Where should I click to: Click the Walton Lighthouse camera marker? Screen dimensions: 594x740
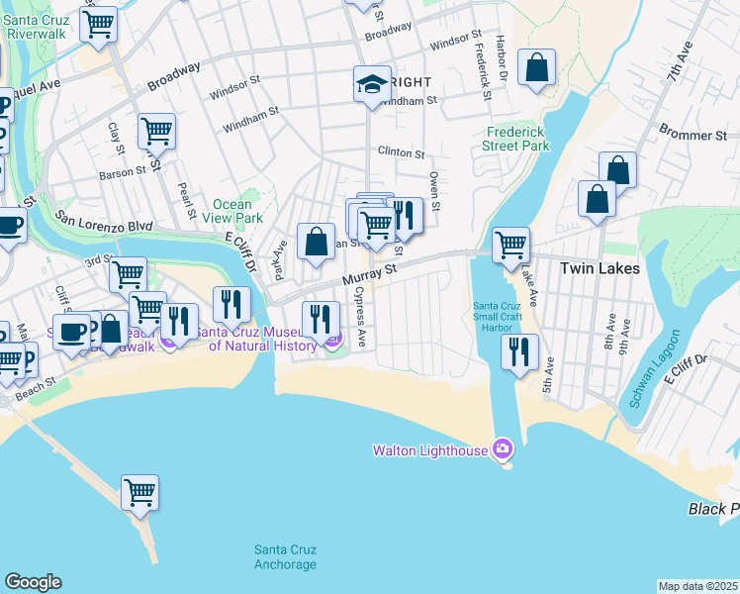coord(503,450)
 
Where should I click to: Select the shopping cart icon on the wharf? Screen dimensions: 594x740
coord(140,491)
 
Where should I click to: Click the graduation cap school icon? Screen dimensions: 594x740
coord(373,83)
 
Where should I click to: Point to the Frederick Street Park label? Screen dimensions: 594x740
coord(518,139)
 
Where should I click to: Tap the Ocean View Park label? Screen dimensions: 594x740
coord(231,211)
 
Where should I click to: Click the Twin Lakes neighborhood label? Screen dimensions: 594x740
coord(600,268)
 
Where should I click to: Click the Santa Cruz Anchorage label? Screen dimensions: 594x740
coord(285,557)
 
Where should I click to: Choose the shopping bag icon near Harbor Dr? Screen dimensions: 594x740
coord(537,67)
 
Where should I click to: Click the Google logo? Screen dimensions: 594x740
coord(33,582)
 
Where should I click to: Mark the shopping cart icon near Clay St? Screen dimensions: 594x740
coord(156,130)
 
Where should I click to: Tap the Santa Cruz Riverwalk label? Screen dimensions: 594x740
coord(37,27)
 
